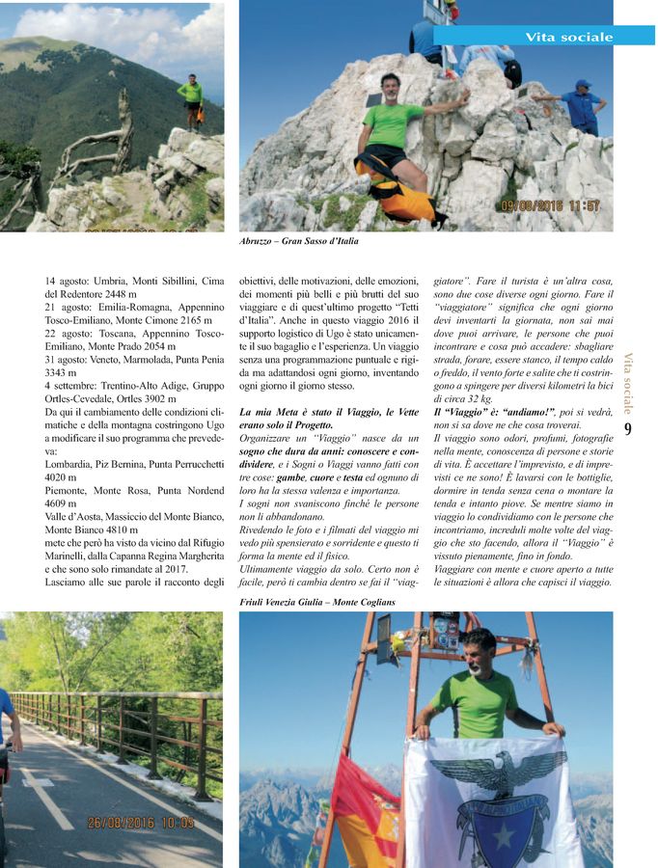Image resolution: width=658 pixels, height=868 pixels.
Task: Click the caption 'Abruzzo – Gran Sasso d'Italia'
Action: pyautogui.click(x=298, y=242)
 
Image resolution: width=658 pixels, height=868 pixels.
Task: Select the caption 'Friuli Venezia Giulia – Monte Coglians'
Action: pyautogui.click(x=317, y=601)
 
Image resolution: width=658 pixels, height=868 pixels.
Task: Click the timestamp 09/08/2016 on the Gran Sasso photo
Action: pyautogui.click(x=550, y=205)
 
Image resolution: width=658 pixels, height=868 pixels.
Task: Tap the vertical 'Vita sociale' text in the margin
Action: pyautogui.click(x=628, y=382)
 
